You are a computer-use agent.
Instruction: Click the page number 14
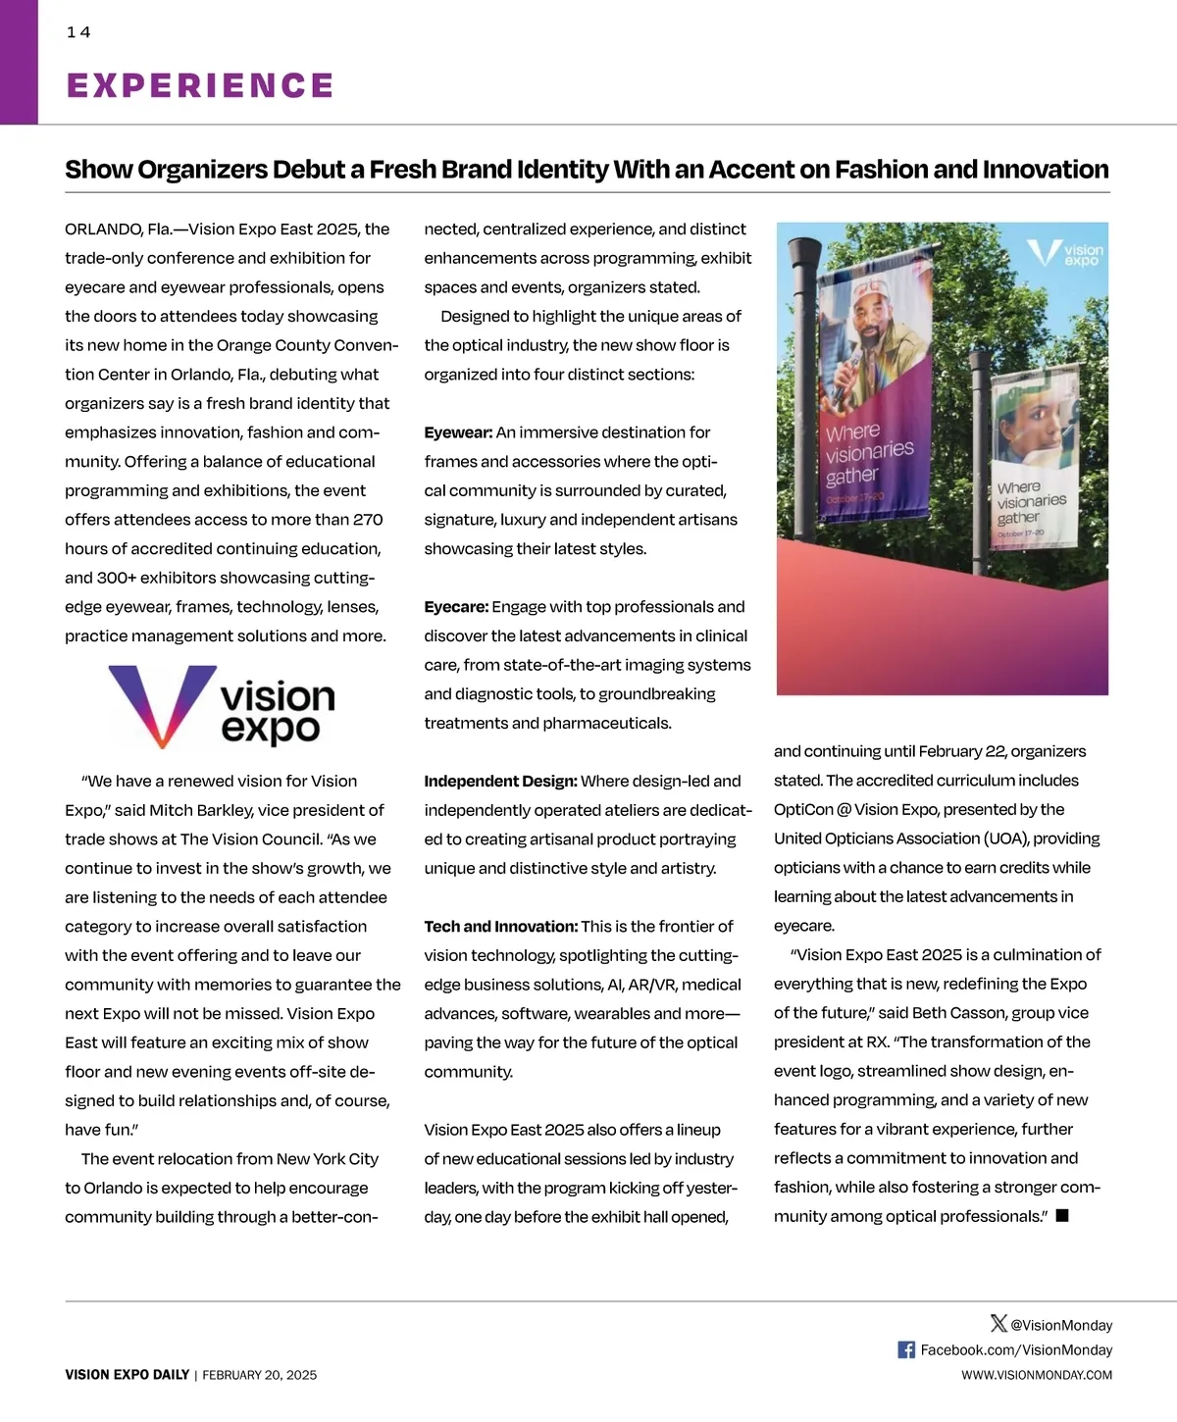point(78,32)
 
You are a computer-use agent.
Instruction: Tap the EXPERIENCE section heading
point(200,85)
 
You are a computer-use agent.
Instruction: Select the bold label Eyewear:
point(458,432)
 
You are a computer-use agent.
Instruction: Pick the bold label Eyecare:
point(456,607)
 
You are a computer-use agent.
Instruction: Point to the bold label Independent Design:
point(500,782)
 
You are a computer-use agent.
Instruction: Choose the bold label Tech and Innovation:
point(500,927)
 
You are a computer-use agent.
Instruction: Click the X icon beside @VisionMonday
point(998,1324)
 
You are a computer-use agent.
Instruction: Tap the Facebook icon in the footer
point(906,1350)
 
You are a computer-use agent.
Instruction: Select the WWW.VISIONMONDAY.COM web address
point(1037,1375)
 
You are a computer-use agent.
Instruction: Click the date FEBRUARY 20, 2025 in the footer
point(260,1375)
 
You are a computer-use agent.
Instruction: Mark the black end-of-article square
point(1062,1216)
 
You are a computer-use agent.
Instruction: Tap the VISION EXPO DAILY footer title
point(128,1375)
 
